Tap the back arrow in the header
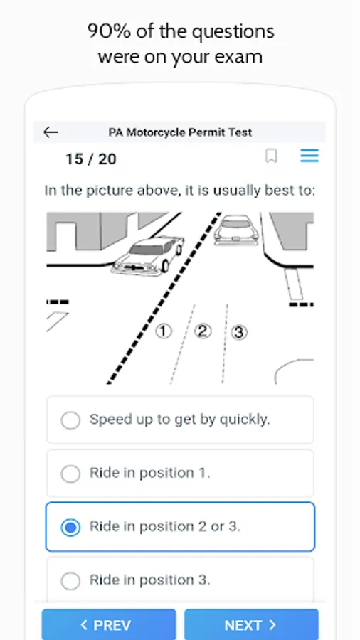click(51, 132)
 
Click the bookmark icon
click(272, 156)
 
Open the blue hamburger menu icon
click(309, 156)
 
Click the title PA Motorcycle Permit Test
click(180, 132)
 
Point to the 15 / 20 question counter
click(91, 159)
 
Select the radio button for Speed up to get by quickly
click(70, 420)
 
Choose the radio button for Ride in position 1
click(70, 474)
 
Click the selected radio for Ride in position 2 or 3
click(70, 528)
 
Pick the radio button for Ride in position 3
click(70, 581)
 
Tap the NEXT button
click(251, 624)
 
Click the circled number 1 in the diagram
click(163, 331)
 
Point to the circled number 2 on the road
click(203, 331)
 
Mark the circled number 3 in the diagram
click(239, 332)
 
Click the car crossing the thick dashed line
click(148, 255)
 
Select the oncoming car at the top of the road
click(236, 230)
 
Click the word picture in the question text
click(110, 191)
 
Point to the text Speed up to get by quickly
click(179, 420)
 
